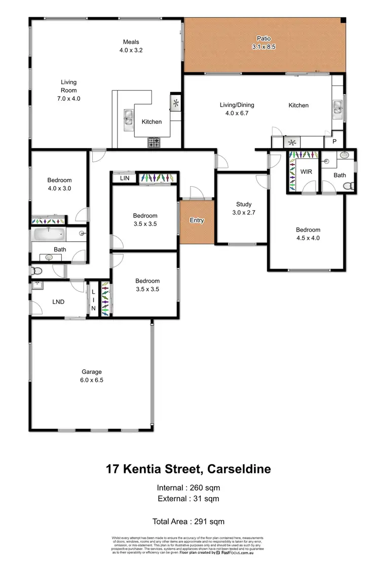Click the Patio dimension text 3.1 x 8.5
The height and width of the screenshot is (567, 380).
263,47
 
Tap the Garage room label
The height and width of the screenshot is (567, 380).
92,372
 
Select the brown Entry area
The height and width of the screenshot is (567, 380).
197,221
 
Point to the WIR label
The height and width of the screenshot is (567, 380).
306,172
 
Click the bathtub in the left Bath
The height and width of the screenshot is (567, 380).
49,235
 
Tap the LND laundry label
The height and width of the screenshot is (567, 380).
58,302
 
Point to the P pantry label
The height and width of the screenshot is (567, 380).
334,142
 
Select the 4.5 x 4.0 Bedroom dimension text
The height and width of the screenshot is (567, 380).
308,238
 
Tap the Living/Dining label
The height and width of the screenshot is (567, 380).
237,105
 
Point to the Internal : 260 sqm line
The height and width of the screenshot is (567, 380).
189,488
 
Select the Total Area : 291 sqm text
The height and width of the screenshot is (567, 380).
188,521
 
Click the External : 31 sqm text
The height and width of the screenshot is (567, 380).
189,499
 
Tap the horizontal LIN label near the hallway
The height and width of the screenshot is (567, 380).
124,178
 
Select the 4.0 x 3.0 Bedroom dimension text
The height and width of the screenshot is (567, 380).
59,188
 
